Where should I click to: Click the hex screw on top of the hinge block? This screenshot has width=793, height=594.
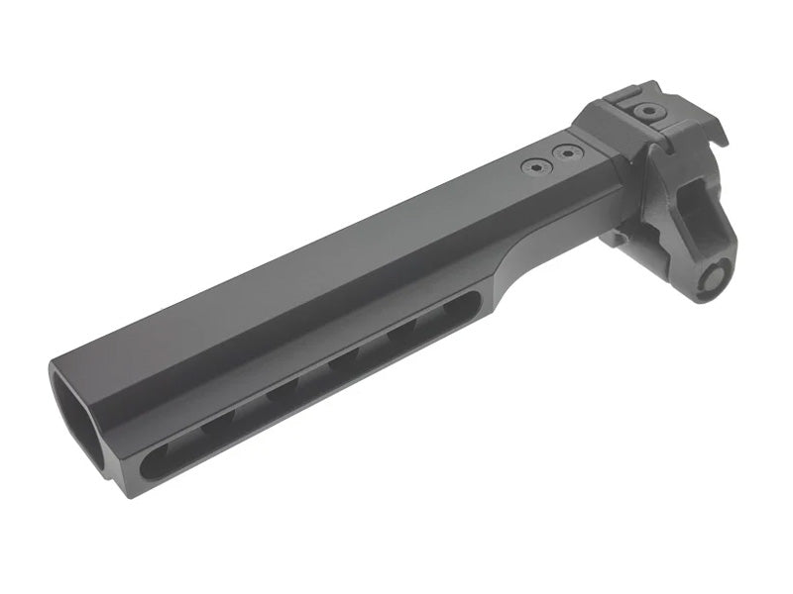coord(649,112)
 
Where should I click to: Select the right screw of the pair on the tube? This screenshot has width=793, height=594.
coord(566,153)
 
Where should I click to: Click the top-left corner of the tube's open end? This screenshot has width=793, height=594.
coord(55,368)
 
